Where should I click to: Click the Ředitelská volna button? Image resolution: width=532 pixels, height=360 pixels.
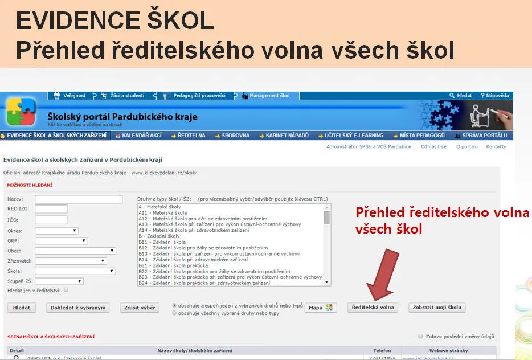tap(373, 308)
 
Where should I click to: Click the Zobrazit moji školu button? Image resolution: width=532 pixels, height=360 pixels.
tap(437, 308)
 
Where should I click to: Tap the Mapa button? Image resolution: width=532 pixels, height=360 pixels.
tap(321, 308)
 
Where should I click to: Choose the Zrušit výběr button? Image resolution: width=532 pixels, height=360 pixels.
tap(140, 308)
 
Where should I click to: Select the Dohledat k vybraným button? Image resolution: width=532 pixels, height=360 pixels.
tap(77, 308)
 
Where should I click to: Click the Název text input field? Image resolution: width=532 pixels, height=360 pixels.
tap(79, 199)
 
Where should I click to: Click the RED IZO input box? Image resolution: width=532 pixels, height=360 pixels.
tap(51, 208)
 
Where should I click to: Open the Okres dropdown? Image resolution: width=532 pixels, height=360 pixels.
tap(56, 231)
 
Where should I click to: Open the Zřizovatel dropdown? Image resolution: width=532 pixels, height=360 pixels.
tap(71, 261)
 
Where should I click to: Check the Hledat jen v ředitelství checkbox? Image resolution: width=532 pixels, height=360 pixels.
tap(66, 290)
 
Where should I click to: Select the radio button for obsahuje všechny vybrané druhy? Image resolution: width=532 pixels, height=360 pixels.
tap(174, 313)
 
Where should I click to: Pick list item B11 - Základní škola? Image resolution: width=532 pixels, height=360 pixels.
tap(162, 242)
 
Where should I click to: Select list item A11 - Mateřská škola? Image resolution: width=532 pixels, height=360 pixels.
tap(162, 212)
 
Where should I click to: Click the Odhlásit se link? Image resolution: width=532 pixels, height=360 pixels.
tap(433, 146)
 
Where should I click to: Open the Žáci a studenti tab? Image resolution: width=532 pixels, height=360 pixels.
tap(123, 96)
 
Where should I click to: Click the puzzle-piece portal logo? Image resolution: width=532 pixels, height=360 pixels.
tap(21, 111)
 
